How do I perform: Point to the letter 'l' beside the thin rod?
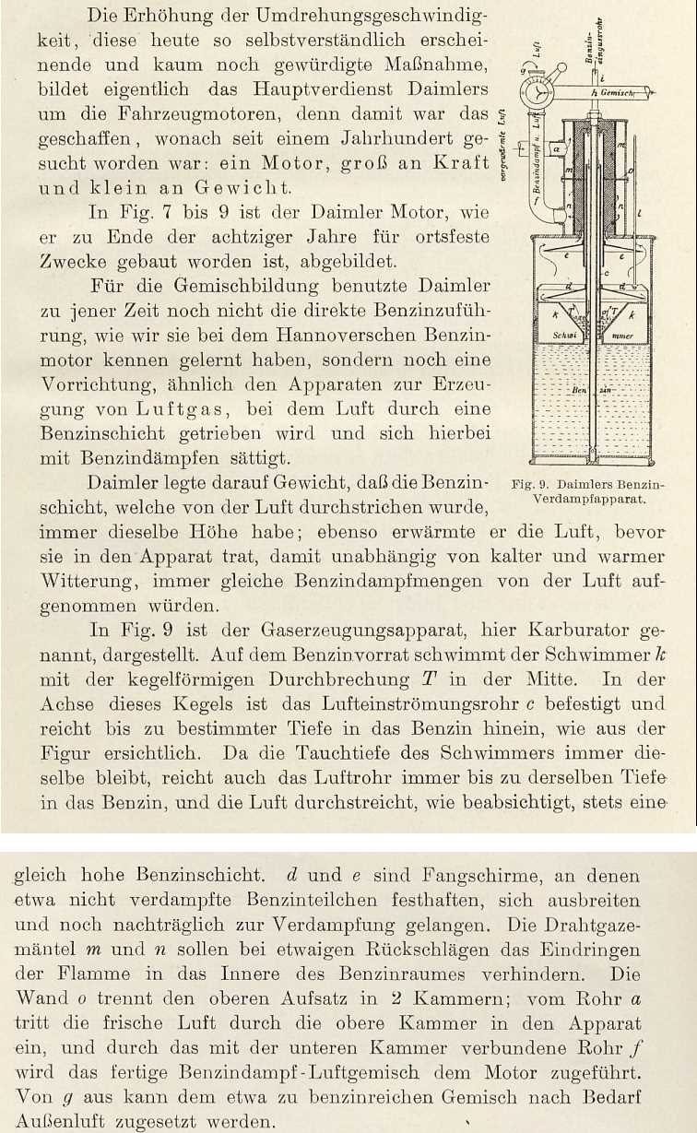(639, 213)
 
